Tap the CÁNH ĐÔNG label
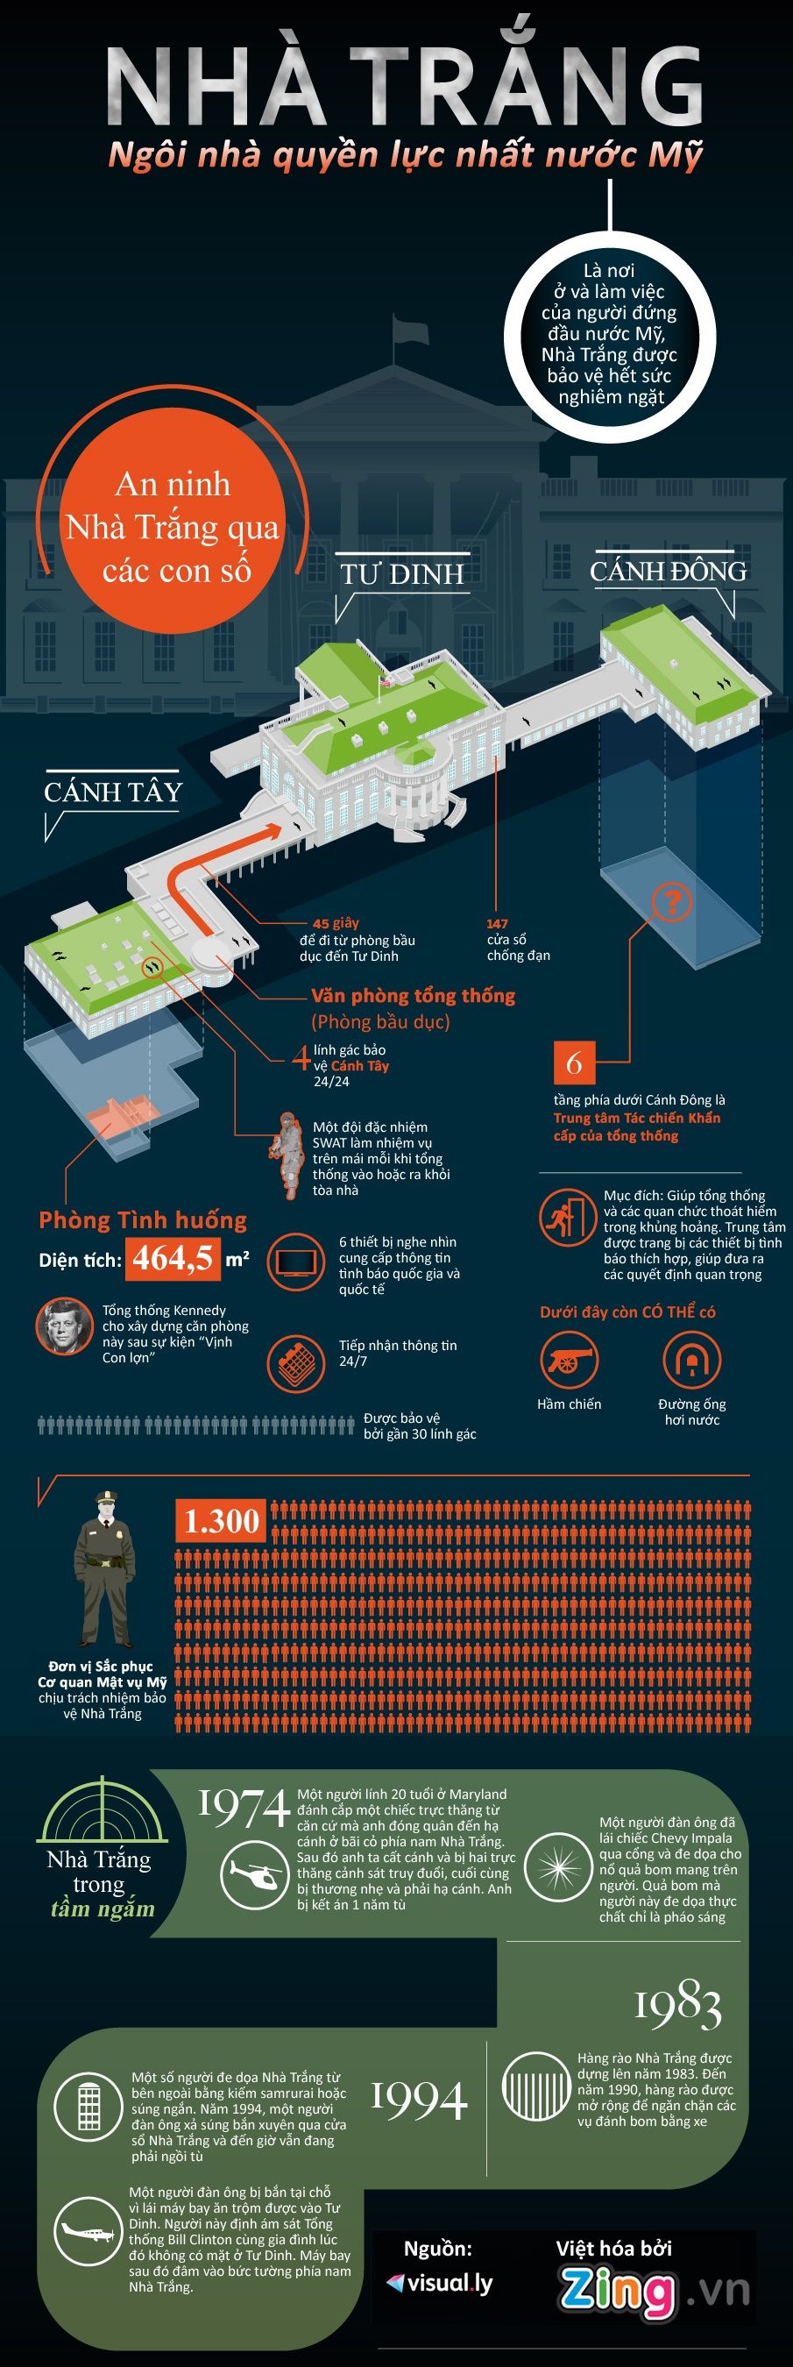click(x=668, y=572)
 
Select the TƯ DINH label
click(x=402, y=574)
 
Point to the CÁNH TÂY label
click(x=113, y=792)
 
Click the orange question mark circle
click(x=672, y=902)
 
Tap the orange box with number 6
click(x=574, y=1063)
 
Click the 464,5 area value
click(x=173, y=1258)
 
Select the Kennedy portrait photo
click(x=64, y=1326)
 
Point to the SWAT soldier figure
click(x=288, y=1156)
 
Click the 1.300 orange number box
click(x=222, y=1521)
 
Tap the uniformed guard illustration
click(x=103, y=1570)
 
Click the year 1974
click(x=244, y=1808)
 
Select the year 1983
click(x=678, y=2004)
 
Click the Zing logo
click(x=618, y=2288)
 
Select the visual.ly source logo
click(x=440, y=2284)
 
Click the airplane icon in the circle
click(x=89, y=2229)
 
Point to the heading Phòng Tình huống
click(x=144, y=1220)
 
